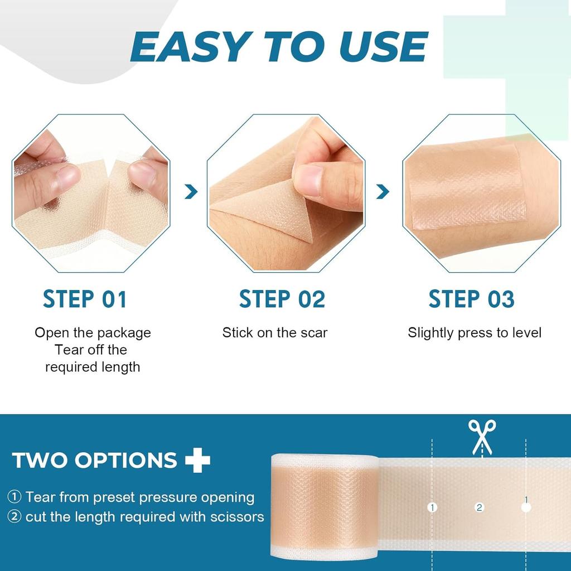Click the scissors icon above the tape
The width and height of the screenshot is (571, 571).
[x=482, y=437]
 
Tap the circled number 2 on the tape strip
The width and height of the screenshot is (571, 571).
[x=478, y=507]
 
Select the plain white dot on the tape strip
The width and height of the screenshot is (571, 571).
[x=525, y=508]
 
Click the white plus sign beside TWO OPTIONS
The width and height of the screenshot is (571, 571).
[x=198, y=460]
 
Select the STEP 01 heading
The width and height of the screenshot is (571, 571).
[x=85, y=299]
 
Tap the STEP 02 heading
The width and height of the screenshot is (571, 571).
[x=282, y=299]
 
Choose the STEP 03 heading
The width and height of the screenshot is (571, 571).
[x=471, y=299]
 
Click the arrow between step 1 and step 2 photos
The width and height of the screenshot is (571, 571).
[x=191, y=192]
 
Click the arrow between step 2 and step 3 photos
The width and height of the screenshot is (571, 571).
[x=383, y=192]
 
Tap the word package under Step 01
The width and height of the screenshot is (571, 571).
[x=124, y=333]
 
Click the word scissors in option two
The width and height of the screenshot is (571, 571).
[x=236, y=516]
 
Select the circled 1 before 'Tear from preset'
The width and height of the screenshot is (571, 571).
[x=15, y=497]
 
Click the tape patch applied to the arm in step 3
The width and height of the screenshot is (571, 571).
[x=467, y=192]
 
